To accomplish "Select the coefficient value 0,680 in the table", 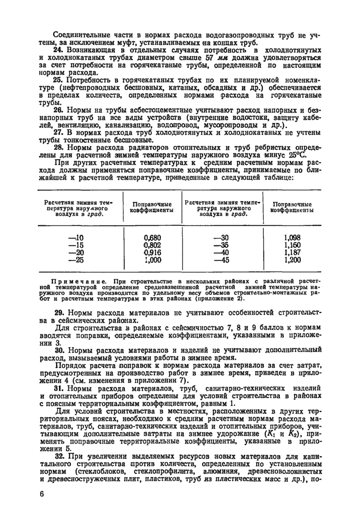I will click(x=152, y=238).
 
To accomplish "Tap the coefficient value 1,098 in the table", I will click(x=292, y=238).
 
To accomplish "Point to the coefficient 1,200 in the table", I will click(x=292, y=260).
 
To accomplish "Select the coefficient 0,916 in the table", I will click(x=152, y=253).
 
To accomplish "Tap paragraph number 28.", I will click(x=58, y=148).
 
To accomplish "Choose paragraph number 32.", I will click(x=58, y=456).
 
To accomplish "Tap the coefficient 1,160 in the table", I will click(x=292, y=245).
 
